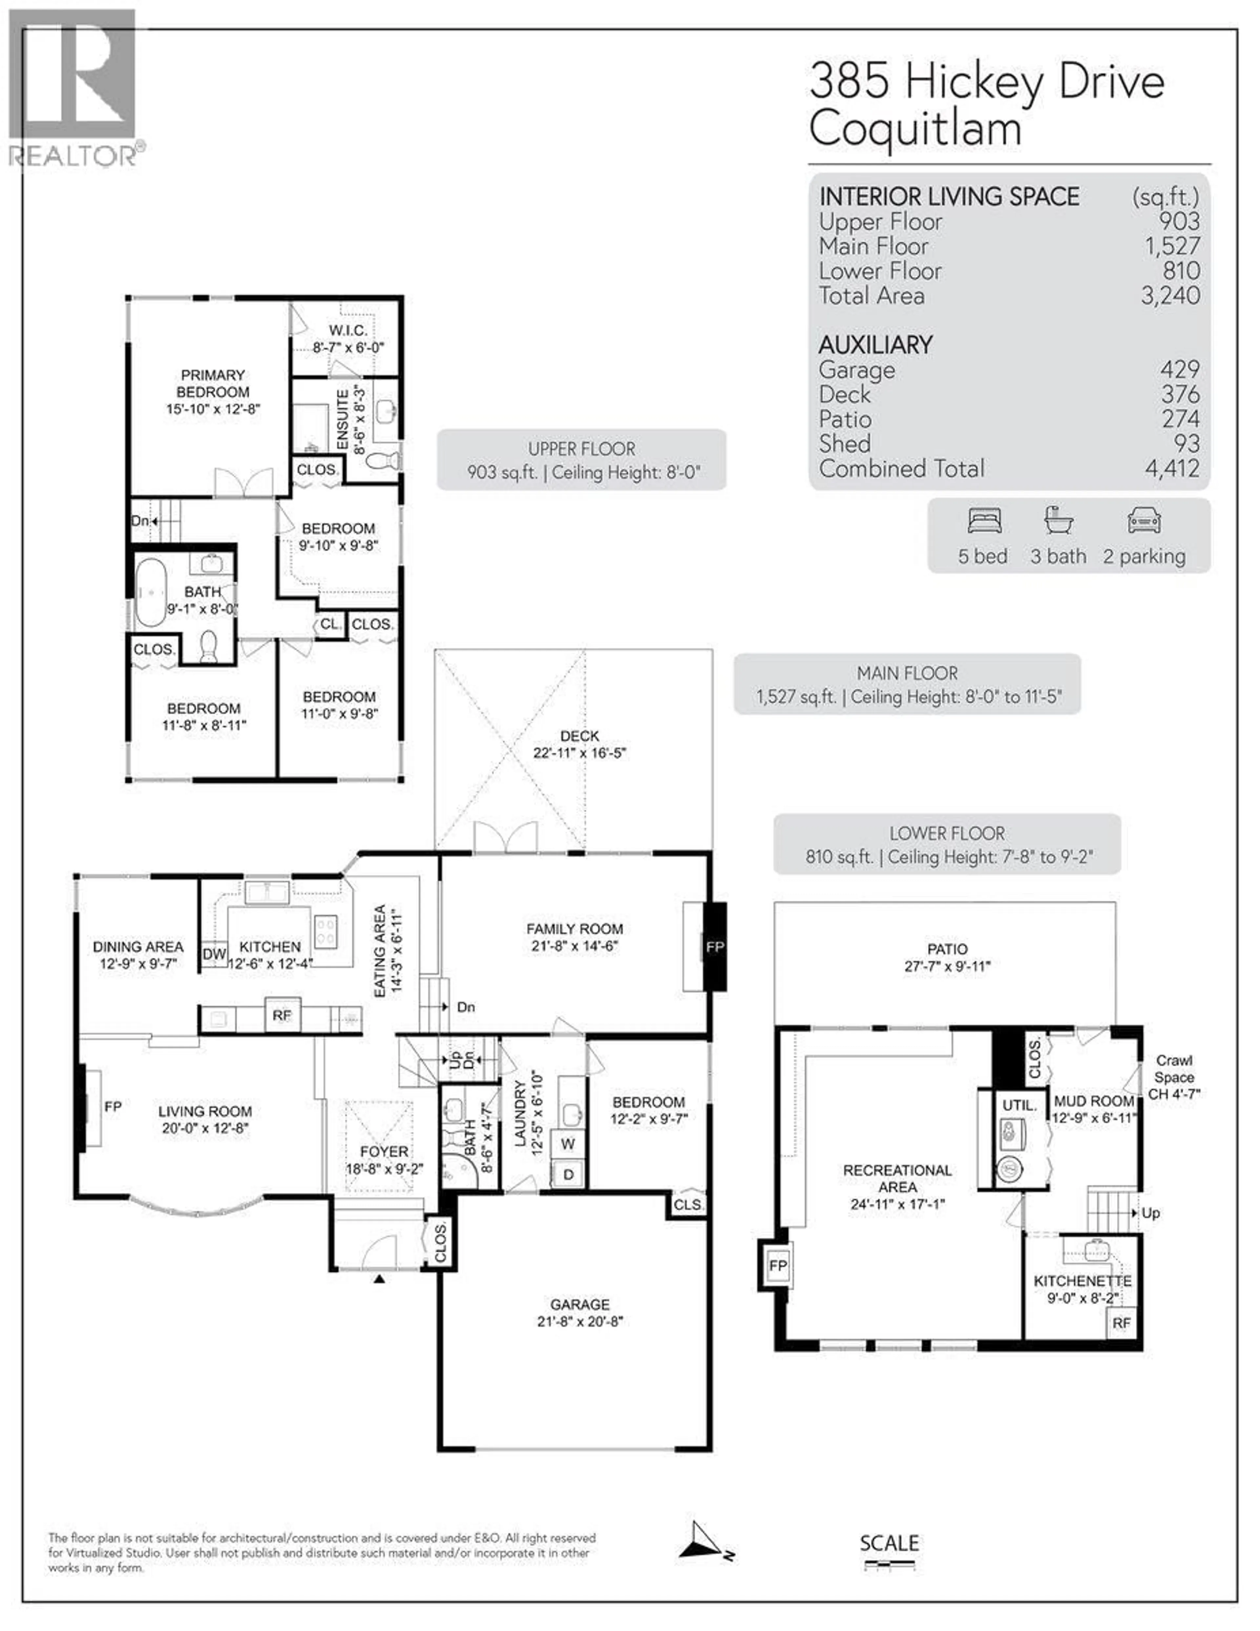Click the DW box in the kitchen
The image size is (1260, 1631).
214,954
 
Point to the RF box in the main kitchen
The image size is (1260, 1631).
282,1015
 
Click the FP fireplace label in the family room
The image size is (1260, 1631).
715,947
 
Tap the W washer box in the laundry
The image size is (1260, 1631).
568,1143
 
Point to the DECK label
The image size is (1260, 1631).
579,736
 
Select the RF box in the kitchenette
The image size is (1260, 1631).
1121,1323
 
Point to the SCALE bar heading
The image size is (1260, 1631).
889,1543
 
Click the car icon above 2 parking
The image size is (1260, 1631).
1144,520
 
